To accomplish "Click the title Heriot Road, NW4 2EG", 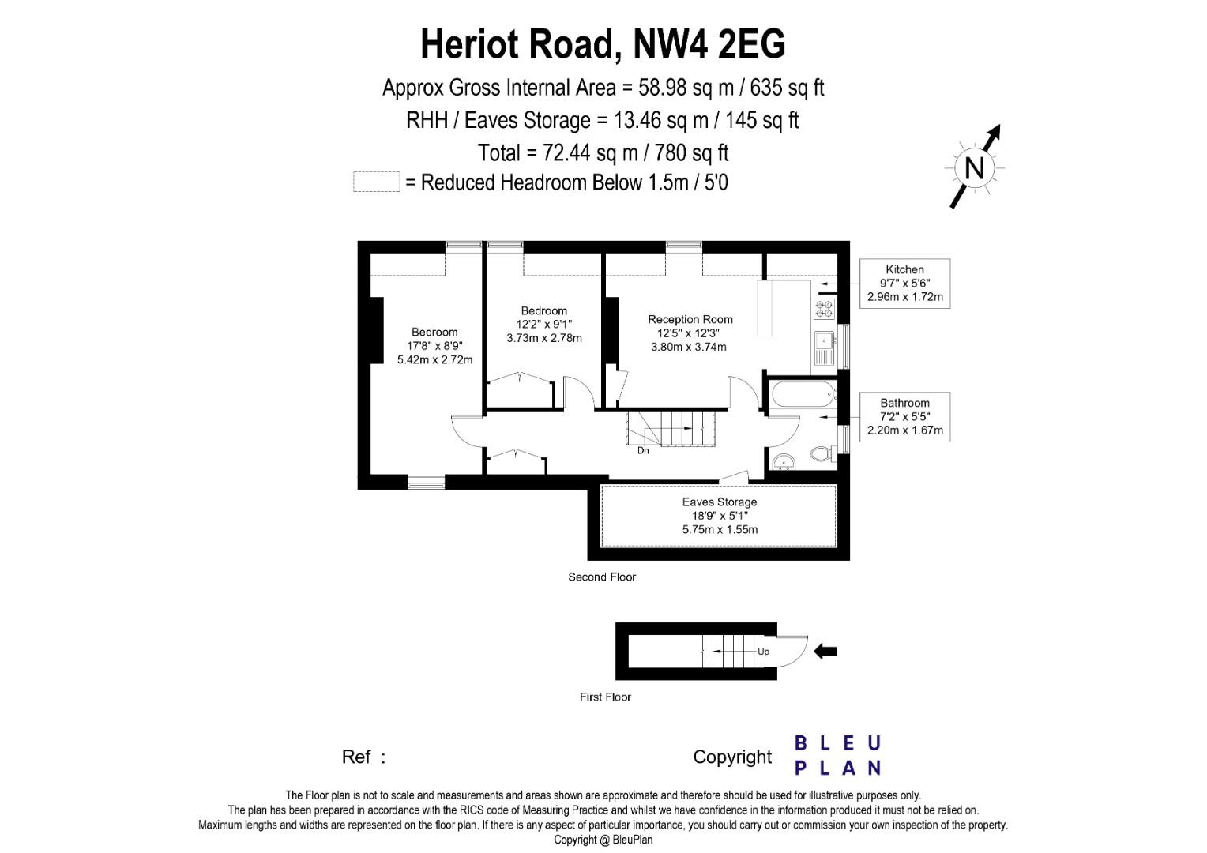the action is [603, 44].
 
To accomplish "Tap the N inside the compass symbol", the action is [974, 168].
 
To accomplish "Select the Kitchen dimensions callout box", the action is [904, 284].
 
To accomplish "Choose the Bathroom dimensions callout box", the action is [904, 416].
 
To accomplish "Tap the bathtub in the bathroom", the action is [803, 394].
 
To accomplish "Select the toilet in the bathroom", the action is [822, 453].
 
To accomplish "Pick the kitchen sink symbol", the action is [825, 348].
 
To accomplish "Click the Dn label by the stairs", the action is [643, 450].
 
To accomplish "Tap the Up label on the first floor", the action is [763, 652].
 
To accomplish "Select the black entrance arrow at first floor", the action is [825, 651].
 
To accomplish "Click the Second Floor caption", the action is [602, 577].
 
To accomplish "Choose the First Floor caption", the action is [605, 697].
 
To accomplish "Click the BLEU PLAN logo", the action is [838, 755].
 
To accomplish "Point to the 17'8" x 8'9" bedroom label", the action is [434, 346].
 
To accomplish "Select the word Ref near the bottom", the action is [355, 757].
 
